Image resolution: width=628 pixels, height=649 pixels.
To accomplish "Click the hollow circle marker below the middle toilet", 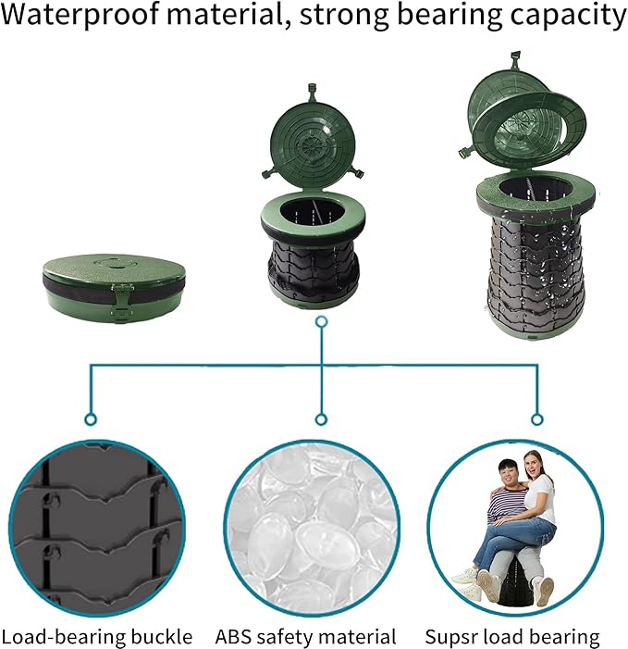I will (321, 322).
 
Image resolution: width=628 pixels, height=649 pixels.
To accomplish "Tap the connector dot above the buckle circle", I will (90, 419).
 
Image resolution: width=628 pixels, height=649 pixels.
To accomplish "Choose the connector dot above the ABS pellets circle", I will (321, 419).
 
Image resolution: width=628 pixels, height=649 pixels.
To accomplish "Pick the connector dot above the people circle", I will (536, 419).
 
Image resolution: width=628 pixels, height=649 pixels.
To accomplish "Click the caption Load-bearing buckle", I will (97, 637).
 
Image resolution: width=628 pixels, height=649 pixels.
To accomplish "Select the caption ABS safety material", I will (306, 637).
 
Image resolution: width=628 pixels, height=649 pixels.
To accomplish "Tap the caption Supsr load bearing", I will (512, 637).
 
